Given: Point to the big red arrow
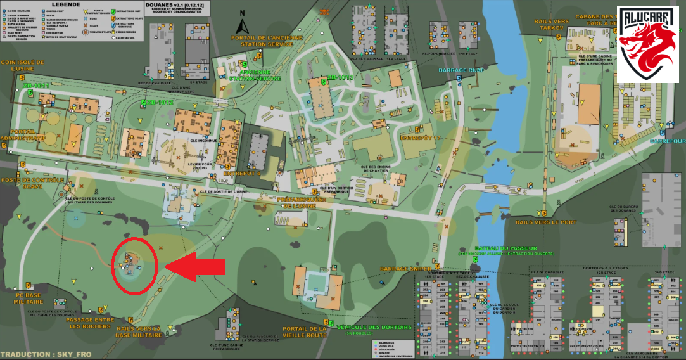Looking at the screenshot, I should (x=196, y=267).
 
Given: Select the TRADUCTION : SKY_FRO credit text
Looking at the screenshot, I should (x=39, y=354).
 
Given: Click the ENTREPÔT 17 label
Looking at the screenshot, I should (x=420, y=138).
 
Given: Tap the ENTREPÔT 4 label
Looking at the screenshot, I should (x=242, y=172).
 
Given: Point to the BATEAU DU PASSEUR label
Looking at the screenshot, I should (x=505, y=248).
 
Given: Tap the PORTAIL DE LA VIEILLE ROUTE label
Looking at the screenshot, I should (x=304, y=332).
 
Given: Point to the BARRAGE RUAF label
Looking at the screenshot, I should (x=459, y=70).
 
